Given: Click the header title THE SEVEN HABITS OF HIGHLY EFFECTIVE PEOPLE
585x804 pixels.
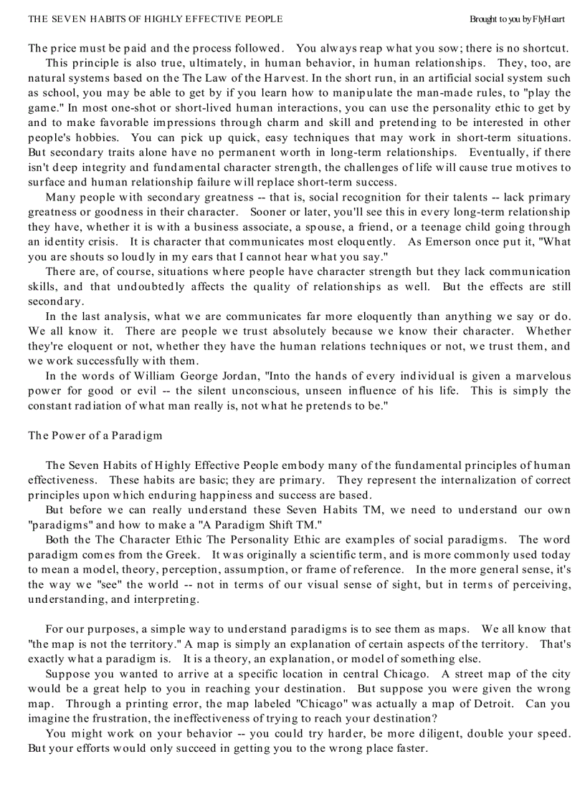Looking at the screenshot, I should click(x=155, y=19).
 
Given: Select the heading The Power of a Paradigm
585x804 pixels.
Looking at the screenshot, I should click(x=95, y=435).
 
